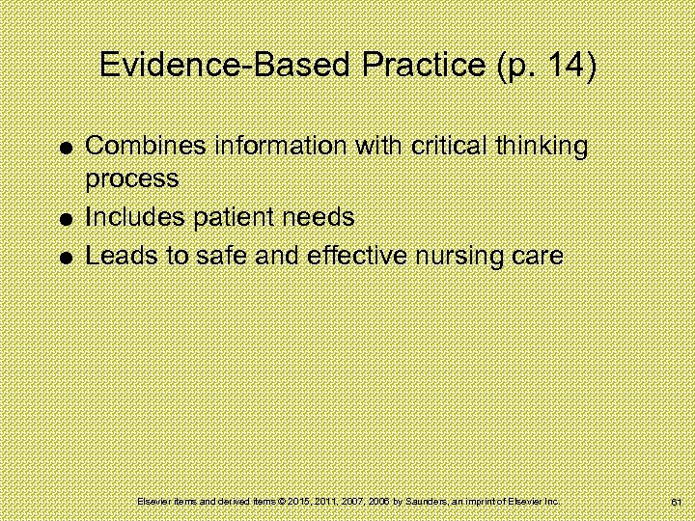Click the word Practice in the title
[417, 66]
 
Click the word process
[132, 179]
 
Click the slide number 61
[675, 503]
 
